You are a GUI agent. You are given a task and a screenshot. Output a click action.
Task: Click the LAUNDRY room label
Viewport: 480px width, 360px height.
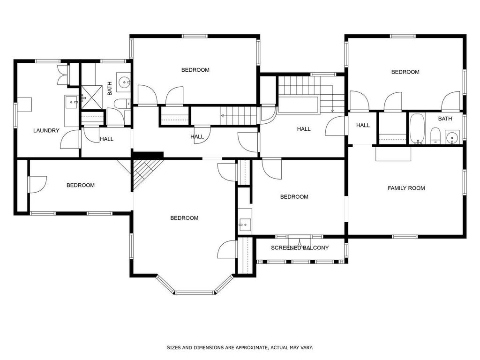click(46, 130)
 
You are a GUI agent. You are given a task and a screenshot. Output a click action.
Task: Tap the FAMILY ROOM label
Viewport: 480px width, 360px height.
click(406, 188)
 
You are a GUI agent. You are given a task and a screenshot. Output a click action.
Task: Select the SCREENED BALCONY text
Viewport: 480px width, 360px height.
click(300, 247)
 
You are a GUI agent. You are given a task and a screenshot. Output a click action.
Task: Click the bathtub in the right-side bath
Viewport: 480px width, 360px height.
click(417, 129)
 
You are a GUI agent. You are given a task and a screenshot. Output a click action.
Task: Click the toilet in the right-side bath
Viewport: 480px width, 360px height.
click(435, 136)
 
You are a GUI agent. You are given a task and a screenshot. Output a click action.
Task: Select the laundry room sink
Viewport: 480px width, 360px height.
click(72, 101)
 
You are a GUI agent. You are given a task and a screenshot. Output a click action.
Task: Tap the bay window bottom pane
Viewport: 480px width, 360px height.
click(195, 292)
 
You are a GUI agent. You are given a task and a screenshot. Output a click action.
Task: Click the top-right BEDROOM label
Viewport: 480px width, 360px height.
click(405, 72)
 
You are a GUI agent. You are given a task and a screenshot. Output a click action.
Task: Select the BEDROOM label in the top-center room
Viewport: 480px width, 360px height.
click(195, 70)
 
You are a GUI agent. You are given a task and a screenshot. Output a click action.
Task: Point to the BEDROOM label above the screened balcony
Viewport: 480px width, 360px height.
click(294, 196)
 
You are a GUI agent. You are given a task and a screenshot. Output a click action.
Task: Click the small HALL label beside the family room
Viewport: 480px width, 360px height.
click(363, 125)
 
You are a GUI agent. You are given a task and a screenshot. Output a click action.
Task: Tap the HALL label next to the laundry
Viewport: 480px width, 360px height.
click(106, 139)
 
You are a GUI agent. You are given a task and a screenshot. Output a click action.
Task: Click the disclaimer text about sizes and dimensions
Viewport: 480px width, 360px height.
click(240, 347)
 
